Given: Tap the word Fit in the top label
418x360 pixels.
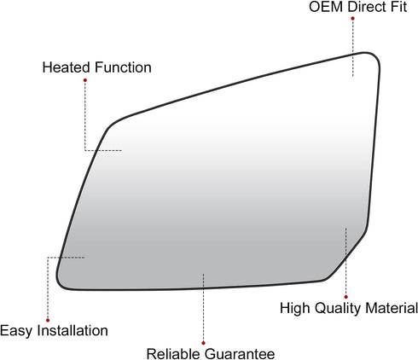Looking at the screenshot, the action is point(398,7).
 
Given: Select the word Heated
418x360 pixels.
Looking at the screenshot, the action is point(67,67).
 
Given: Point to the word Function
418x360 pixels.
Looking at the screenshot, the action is point(123,67).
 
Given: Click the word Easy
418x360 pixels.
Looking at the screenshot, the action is point(16,331).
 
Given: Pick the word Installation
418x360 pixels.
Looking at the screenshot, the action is point(73,330).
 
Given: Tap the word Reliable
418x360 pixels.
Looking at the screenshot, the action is point(173,354).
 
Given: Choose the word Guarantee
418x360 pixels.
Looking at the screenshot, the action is point(240,354).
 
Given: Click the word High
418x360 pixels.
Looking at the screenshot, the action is point(295,309).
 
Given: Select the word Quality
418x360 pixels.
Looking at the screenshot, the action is point(338,309).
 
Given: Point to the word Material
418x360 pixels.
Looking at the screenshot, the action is point(392,308).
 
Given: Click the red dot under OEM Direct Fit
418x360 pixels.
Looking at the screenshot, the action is point(352,19).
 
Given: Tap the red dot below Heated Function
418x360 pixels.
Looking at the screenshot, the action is point(85,80).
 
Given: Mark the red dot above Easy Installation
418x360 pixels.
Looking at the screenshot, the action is point(48,320).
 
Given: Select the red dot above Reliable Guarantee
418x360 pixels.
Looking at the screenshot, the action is point(203,343).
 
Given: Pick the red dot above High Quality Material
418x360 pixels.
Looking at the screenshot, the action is point(345,297).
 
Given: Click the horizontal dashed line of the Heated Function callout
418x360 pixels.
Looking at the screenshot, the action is point(103,150).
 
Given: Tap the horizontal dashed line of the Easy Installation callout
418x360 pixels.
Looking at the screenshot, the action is point(66,258).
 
